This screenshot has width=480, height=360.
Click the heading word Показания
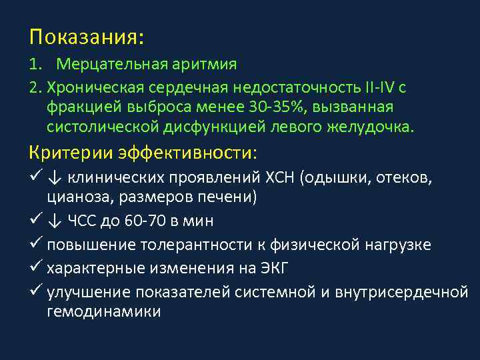click(84, 36)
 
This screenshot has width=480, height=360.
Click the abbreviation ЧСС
click(83, 220)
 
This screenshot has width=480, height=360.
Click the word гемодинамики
click(104, 312)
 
